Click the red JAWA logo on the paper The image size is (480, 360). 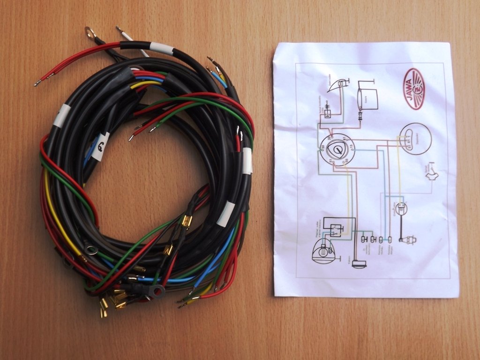coord(413,89)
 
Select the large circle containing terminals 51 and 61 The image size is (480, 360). coord(415,139)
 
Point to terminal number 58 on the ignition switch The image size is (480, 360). coord(322,148)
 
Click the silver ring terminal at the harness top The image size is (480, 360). coord(90,32)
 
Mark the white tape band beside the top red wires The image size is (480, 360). coord(161,48)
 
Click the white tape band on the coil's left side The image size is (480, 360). coord(61,115)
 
